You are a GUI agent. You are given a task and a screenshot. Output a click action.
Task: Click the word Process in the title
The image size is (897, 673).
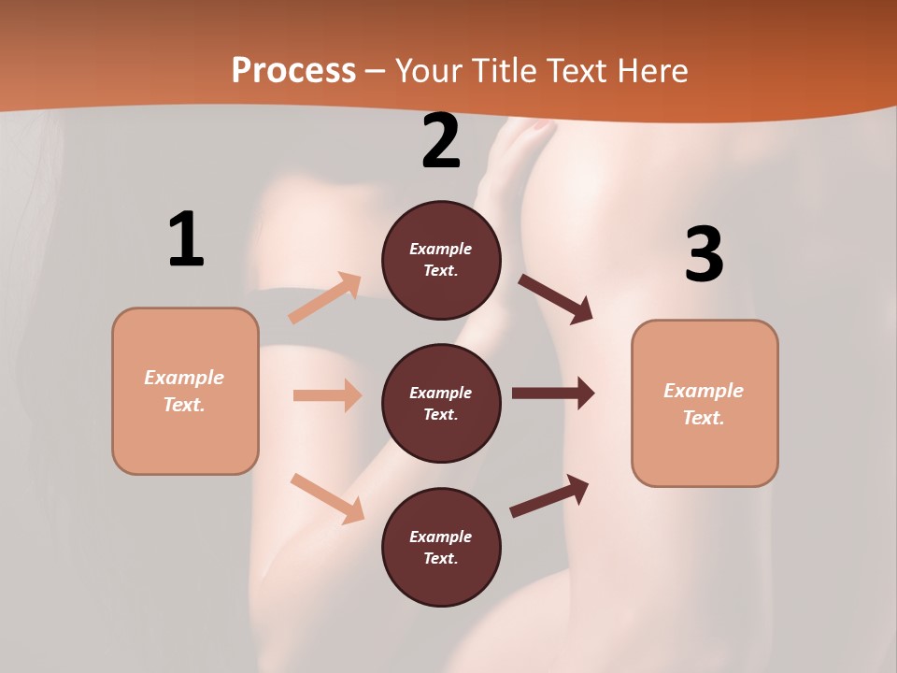coord(293,70)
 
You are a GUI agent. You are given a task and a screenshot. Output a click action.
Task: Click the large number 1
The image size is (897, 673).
coord(186,240)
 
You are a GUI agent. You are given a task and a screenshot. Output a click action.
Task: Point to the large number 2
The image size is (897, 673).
coord(441,141)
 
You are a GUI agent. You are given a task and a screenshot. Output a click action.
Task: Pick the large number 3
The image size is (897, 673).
coord(704,255)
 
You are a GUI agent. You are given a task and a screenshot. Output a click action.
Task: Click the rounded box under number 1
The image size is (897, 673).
coord(185,391)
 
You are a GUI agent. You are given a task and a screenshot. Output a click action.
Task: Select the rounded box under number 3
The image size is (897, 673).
coord(705,403)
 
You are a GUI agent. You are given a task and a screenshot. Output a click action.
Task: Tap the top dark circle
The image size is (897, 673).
coord(441,260)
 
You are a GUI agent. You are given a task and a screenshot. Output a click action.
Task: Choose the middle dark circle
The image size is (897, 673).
coord(441,403)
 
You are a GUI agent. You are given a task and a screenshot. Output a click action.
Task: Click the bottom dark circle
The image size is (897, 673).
coord(441,547)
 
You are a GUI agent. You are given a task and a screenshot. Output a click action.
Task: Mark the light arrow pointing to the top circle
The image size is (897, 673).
coord(325,298)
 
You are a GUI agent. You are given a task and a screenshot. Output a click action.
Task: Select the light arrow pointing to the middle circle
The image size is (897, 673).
coord(327,395)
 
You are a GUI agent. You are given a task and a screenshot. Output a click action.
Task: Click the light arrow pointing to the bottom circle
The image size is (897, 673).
coord(327,498)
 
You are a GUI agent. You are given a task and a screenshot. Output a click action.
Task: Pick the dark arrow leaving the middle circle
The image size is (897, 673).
coord(552,394)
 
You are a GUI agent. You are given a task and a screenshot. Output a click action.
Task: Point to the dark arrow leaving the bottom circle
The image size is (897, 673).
coord(549,495)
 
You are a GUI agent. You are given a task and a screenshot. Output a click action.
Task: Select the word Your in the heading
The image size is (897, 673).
coord(426,70)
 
